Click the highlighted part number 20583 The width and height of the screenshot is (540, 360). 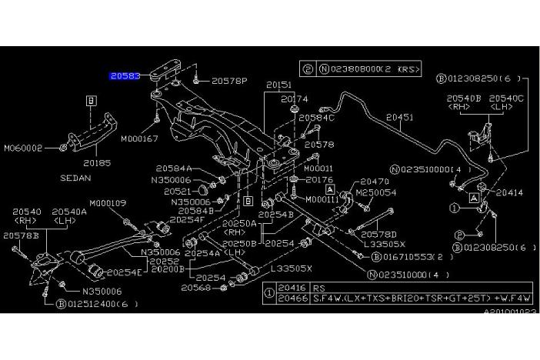coord(125,76)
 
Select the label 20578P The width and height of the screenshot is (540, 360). coord(228,79)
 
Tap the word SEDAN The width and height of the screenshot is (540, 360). coord(96,177)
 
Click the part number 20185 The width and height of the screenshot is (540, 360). coord(97,163)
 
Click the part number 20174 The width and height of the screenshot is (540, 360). coord(294,99)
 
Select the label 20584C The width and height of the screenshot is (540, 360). coord(316,118)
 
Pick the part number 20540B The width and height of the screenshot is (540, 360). coord(463,98)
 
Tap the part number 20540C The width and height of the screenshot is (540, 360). coord(507,98)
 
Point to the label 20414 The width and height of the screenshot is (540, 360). coord(508,193)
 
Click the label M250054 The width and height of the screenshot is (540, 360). coord(375,193)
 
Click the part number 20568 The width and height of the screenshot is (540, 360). coord(196,288)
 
